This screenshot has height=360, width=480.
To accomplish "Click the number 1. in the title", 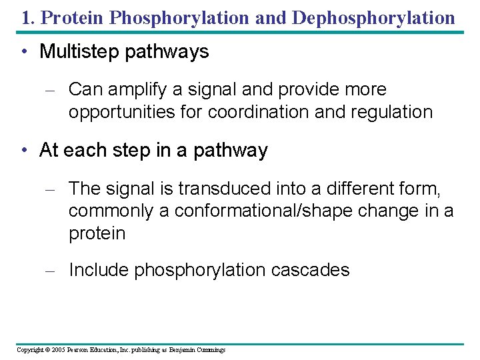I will click(28, 17).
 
